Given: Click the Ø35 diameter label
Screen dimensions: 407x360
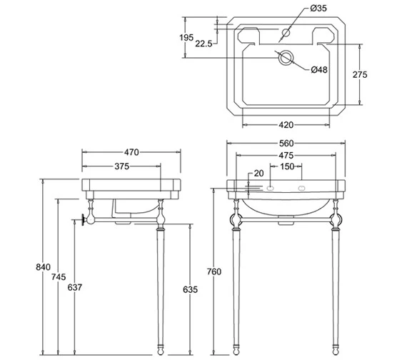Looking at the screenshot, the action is point(318,9).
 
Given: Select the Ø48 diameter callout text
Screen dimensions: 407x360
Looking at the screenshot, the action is point(319,69).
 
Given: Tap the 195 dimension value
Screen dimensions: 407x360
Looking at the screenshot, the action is point(186,38).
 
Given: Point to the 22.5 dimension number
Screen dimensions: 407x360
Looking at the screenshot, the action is point(203,44).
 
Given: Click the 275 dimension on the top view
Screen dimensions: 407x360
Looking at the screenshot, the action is point(360,75).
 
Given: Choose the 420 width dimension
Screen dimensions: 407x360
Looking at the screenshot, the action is point(286,125).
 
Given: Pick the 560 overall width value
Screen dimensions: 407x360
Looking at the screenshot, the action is point(286,143).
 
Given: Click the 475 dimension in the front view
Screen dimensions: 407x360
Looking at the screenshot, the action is point(286,155).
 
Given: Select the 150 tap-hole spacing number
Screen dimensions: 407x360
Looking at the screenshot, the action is point(287,166).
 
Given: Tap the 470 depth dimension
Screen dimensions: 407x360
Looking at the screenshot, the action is point(131,152).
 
